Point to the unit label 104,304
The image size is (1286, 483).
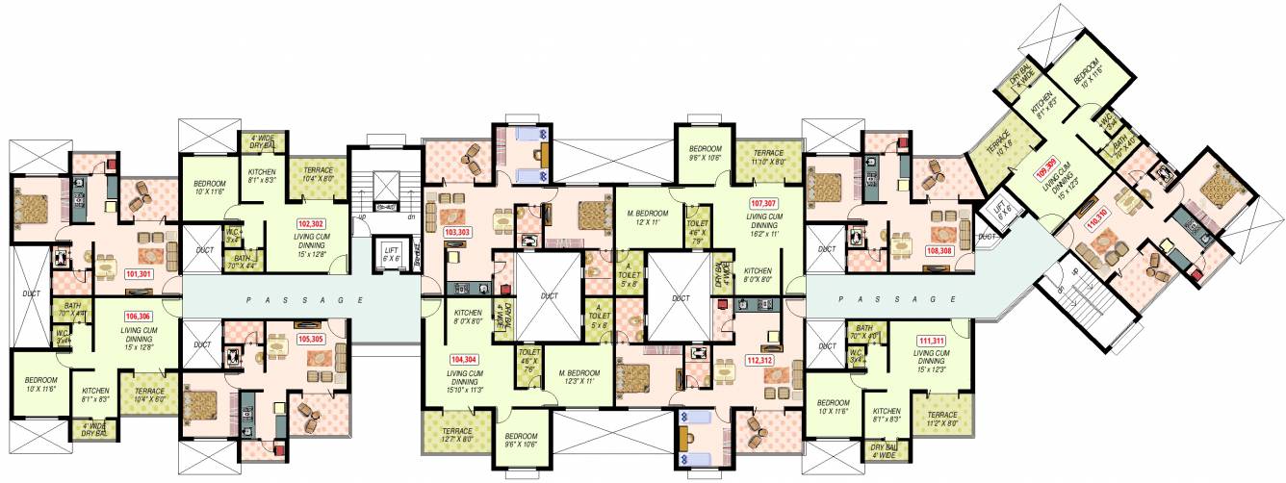point(462,359)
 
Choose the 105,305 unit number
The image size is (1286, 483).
point(311,338)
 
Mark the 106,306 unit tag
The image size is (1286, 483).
point(138,316)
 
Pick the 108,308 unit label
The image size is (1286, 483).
point(939,250)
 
